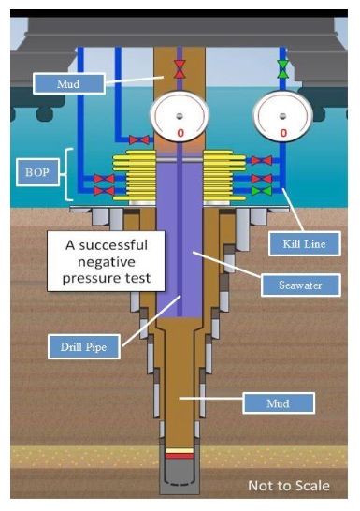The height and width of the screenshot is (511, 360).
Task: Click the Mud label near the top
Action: pyautogui.click(x=68, y=83)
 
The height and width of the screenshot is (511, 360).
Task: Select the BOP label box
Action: pyautogui.click(x=37, y=172)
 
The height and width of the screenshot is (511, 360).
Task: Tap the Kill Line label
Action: pyautogui.click(x=304, y=243)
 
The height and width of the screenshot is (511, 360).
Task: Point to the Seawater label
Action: pyautogui.click(x=300, y=285)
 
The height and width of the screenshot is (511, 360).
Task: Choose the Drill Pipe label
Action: pyautogui.click(x=83, y=346)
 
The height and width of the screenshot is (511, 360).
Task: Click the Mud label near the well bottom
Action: pyautogui.click(x=279, y=403)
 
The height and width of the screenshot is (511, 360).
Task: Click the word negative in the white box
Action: pyautogui.click(x=107, y=262)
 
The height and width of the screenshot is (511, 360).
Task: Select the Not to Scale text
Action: pyautogui.click(x=289, y=486)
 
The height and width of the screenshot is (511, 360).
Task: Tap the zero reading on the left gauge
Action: pyautogui.click(x=180, y=133)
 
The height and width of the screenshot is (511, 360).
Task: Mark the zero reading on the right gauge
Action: pyautogui.click(x=283, y=133)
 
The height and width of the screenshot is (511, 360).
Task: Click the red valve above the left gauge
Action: pyautogui.click(x=180, y=69)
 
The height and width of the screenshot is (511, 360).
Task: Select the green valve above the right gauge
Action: pyautogui.click(x=282, y=69)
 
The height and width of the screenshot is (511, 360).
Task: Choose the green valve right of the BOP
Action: pyautogui.click(x=262, y=191)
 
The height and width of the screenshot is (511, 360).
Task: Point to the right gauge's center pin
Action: pyautogui.click(x=282, y=116)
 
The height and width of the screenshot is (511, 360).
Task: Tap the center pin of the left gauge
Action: pyautogui.click(x=179, y=116)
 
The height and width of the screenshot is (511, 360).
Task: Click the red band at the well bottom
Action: pyautogui.click(x=180, y=456)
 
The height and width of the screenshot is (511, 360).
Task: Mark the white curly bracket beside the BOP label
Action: pyautogui.click(x=67, y=174)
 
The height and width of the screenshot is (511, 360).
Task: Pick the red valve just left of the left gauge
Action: pyautogui.click(x=139, y=140)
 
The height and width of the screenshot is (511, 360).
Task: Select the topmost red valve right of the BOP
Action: pyautogui.click(x=262, y=160)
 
